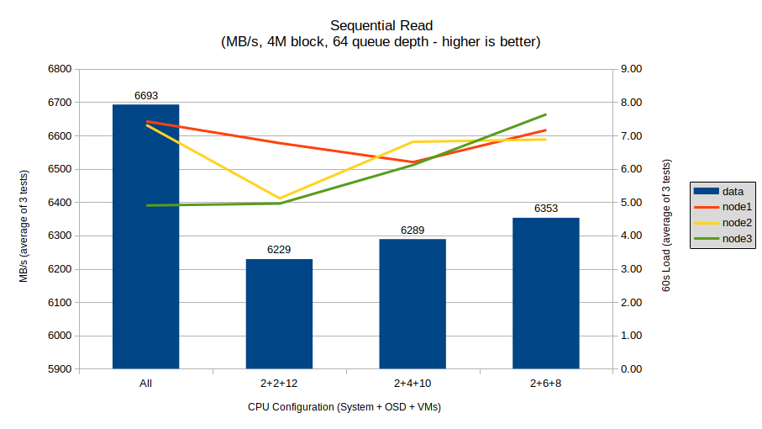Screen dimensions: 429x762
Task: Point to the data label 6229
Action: [x=279, y=250]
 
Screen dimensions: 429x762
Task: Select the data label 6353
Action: [x=546, y=209]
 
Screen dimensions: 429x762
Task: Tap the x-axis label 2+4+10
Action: [x=413, y=384]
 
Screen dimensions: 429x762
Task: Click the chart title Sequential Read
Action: [x=381, y=25]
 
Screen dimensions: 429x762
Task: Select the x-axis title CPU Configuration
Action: [x=344, y=406]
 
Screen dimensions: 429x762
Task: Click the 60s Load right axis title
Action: [x=666, y=227]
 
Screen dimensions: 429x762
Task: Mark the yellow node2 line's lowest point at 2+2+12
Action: [x=279, y=199]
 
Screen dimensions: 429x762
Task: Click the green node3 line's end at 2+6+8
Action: [x=546, y=114]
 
